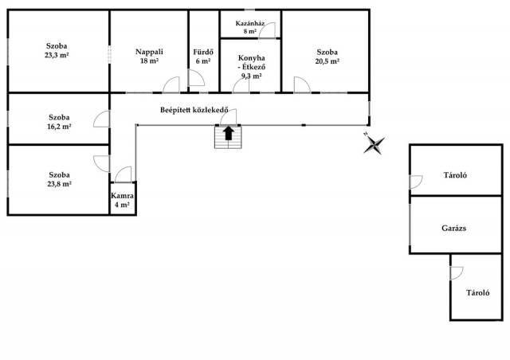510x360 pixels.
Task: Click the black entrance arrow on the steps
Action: coord(229,133)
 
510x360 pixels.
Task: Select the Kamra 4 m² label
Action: coord(122,201)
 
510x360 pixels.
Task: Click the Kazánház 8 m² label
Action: coord(249,27)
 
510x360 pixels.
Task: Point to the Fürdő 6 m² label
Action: coord(203,57)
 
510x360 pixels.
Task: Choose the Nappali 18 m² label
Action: coord(149,56)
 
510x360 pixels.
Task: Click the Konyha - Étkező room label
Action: coord(252,67)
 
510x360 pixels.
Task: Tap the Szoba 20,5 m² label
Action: coord(328,57)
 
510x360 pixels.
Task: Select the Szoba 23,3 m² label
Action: coord(57,50)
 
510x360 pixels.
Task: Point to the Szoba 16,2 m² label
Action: coord(59,122)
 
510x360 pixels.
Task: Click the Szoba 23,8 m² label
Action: coord(59,179)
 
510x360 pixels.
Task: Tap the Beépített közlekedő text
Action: coord(194,110)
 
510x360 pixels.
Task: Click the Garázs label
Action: coord(453,229)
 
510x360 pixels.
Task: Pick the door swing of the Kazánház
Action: coord(268,30)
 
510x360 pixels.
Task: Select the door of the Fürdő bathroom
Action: coord(197,78)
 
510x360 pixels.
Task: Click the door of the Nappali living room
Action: coord(171,84)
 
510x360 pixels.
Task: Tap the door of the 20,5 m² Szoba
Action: coord(302,84)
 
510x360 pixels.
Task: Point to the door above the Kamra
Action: coord(124,174)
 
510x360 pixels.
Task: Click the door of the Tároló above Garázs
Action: coord(416,182)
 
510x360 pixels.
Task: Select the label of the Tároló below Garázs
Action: coord(478,292)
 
